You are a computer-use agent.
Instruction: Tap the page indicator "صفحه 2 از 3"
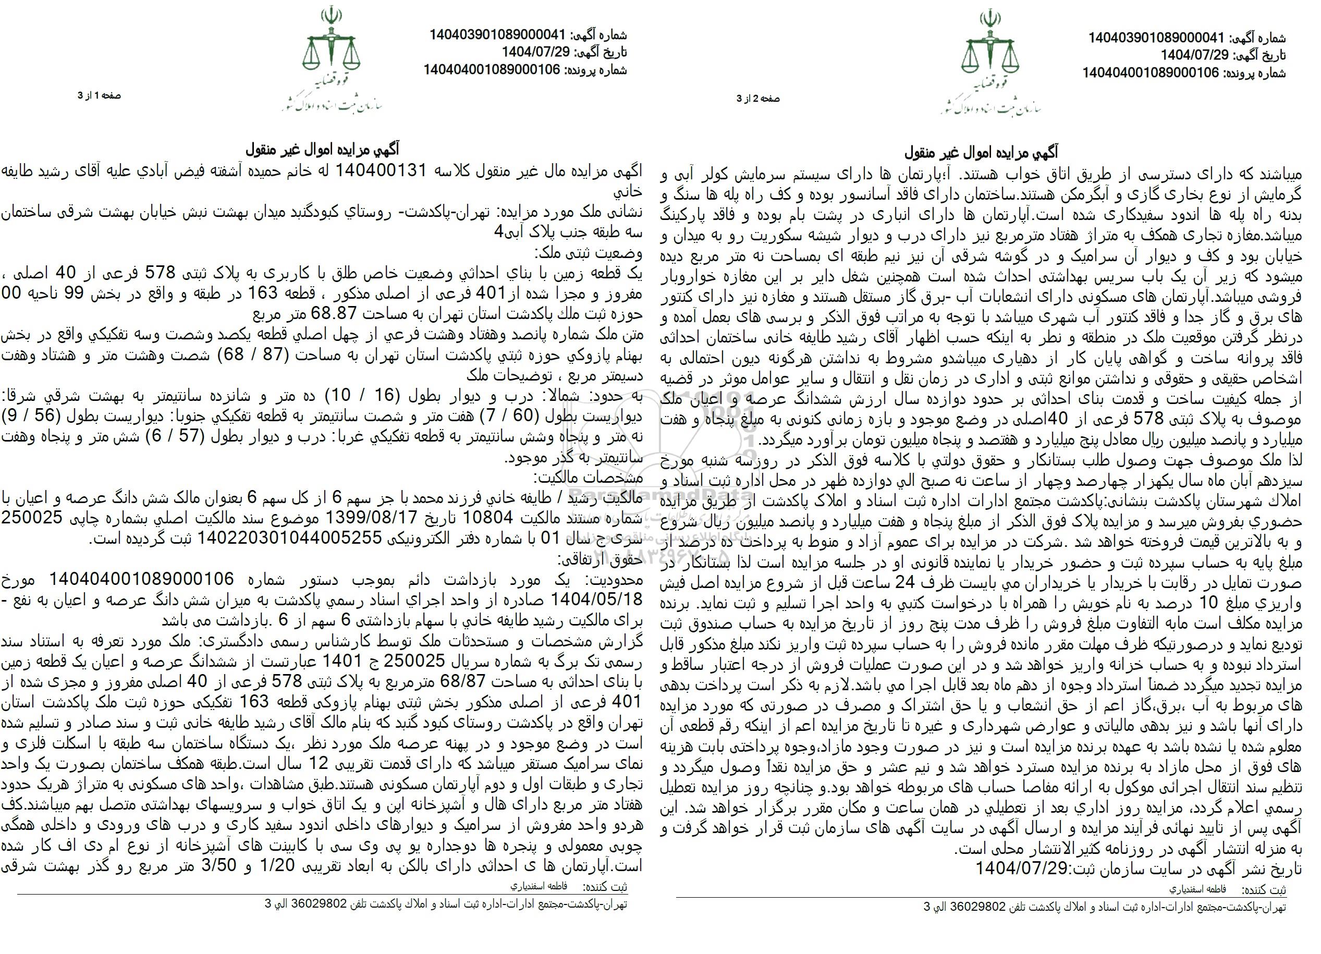point(758,99)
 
